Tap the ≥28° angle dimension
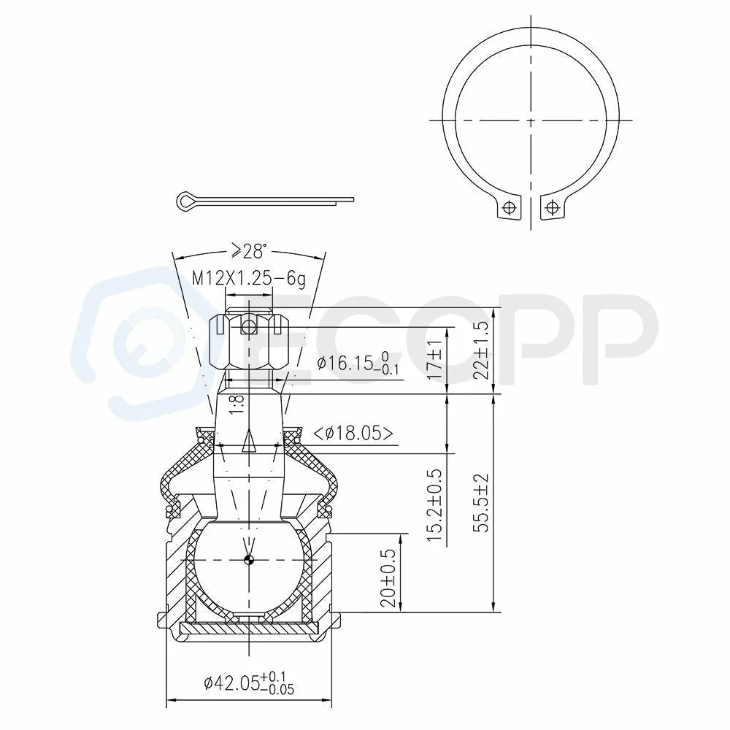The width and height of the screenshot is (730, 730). pos(250,251)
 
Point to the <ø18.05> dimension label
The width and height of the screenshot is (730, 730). pos(353,433)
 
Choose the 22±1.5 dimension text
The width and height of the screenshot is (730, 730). pos(483,350)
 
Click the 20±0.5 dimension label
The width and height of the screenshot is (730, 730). pos(388,577)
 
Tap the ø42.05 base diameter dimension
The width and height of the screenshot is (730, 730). pos(249,683)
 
